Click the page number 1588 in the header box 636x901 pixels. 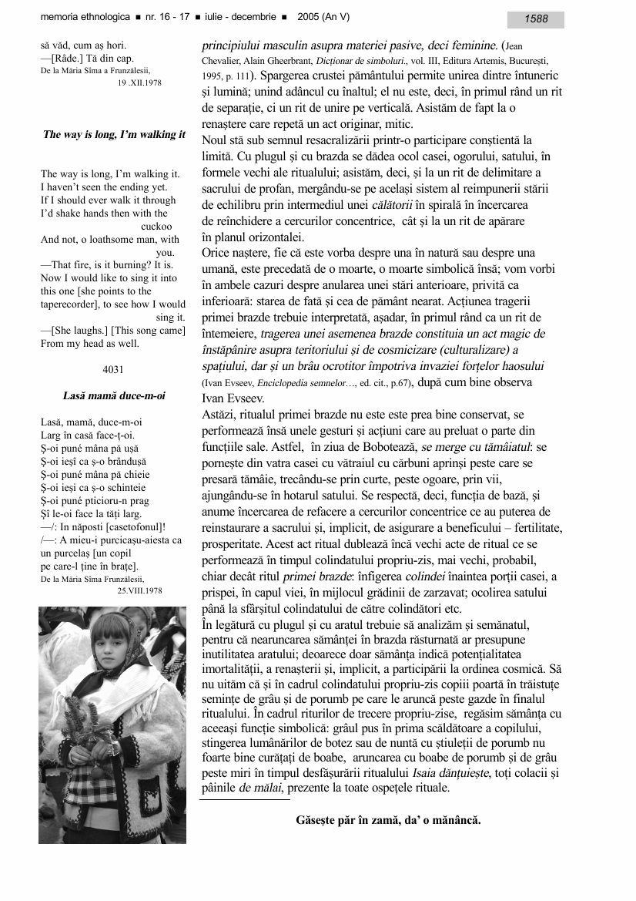tap(537, 18)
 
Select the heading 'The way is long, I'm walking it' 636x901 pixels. tap(114, 134)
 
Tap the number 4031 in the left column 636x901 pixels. tap(113, 369)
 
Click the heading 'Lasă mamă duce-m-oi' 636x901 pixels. tap(114, 396)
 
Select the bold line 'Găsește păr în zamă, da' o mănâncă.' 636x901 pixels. tap(388, 819)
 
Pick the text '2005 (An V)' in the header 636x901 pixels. tap(339, 18)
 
